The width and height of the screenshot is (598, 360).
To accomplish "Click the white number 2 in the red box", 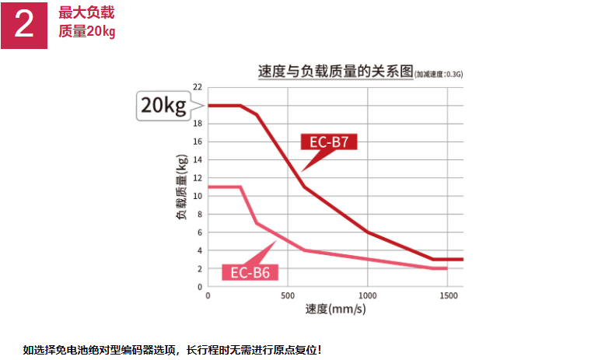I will tap(24, 24).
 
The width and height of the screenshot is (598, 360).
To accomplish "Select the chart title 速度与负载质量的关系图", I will tap(335, 72).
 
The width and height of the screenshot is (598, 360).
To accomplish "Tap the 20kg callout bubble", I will tap(164, 106).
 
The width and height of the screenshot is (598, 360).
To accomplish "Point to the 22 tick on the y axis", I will tap(198, 87).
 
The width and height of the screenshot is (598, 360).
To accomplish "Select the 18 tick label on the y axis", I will tap(198, 124).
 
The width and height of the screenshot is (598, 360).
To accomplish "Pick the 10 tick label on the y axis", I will tap(198, 196).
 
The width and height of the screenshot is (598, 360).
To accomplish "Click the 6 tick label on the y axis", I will tap(200, 232).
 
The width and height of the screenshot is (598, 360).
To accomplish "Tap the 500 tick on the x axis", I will tap(288, 296).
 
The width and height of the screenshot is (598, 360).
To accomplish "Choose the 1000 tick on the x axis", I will tap(367, 296).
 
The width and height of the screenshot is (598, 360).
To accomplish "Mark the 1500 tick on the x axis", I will tap(447, 296).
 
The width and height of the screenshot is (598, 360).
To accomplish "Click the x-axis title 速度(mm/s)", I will tap(335, 309).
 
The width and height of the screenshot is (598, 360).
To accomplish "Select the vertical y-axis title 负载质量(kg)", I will tap(181, 187).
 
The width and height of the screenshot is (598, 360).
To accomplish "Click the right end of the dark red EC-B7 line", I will tap(462, 259).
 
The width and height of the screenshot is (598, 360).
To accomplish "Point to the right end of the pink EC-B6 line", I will tap(446, 268).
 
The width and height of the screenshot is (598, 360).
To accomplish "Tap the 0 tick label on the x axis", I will tap(208, 296).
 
